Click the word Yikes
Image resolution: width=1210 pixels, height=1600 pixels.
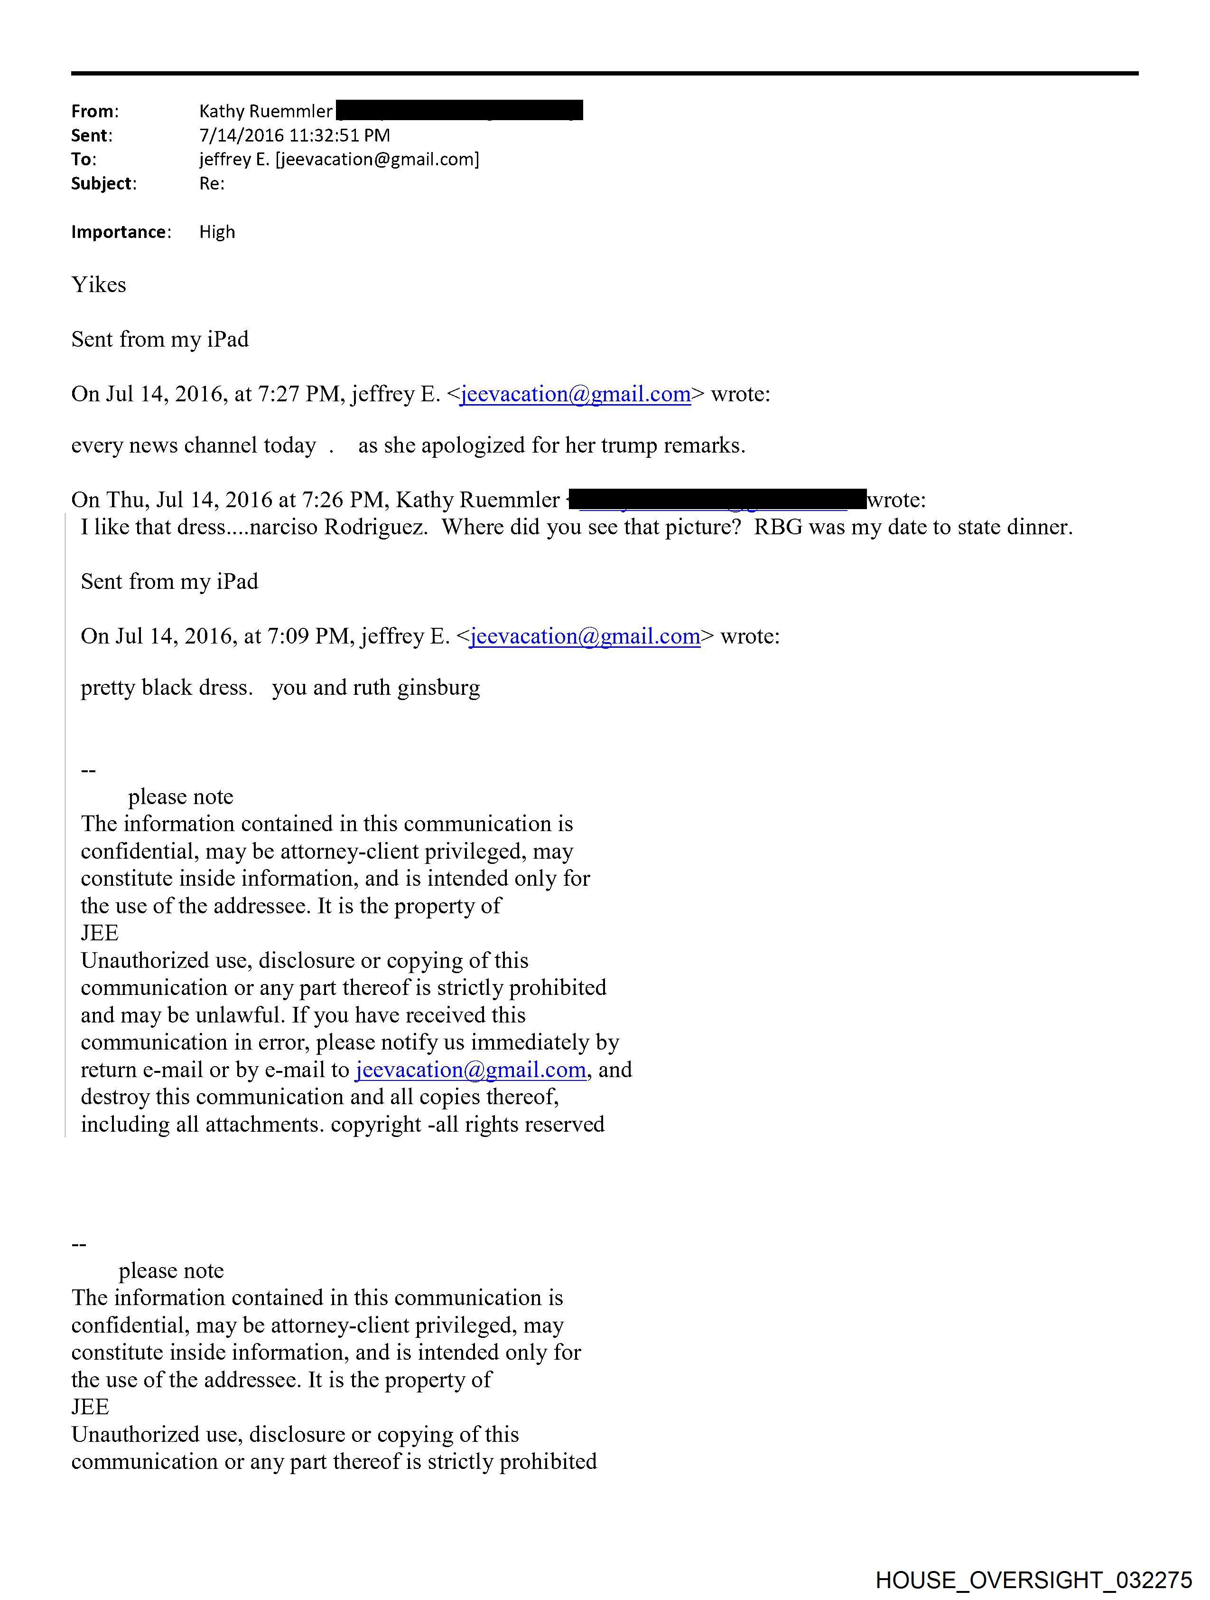98,284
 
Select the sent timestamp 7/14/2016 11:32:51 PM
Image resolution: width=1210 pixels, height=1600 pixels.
294,135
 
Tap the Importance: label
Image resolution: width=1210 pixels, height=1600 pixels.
121,232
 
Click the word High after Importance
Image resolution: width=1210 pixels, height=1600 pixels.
217,232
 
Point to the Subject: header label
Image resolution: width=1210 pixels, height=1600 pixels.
103,184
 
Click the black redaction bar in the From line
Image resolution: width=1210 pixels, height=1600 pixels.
460,111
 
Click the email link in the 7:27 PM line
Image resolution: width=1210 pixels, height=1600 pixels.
576,394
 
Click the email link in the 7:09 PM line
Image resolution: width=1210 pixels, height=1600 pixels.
585,636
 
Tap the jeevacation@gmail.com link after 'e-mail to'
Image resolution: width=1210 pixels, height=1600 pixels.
471,1070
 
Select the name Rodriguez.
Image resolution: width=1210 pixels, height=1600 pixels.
376,527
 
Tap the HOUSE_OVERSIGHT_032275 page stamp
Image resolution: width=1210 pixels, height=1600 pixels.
1033,1579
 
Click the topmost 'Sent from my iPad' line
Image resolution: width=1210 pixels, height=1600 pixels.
160,339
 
